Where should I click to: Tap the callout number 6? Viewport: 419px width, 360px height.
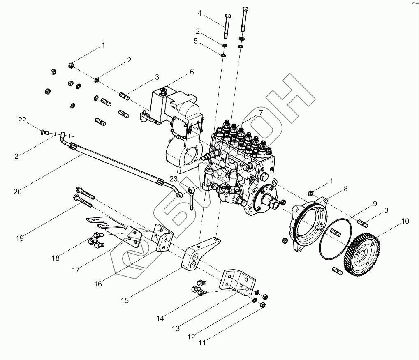[192, 72]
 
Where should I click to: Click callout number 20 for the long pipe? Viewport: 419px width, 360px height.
[18, 192]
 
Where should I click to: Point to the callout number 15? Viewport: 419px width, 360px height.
[125, 300]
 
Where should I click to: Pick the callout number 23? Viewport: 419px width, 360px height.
[174, 179]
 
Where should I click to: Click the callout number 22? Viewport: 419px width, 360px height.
[22, 120]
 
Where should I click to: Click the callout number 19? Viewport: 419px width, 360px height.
[20, 238]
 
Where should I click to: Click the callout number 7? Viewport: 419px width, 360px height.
[260, 112]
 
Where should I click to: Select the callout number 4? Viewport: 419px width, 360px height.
[200, 13]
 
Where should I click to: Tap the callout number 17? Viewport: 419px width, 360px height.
[75, 270]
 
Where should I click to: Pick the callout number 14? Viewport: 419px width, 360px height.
[160, 318]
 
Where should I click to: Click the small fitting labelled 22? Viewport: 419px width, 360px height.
[43, 132]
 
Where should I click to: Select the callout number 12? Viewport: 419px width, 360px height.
[190, 337]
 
